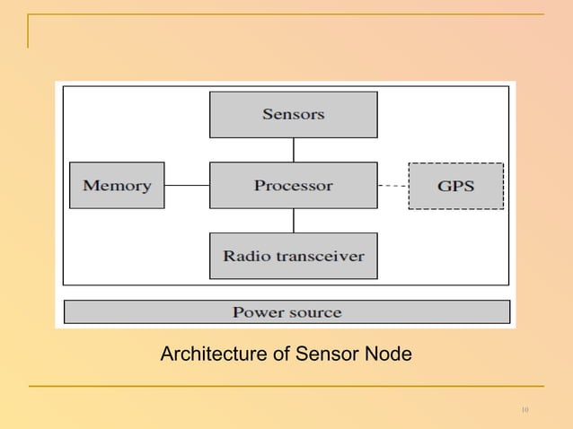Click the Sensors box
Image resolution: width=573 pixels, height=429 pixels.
[293, 114]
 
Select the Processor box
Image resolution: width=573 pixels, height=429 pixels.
[293, 186]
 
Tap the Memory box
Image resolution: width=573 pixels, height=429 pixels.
[117, 186]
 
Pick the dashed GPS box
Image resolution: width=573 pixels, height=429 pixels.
[455, 186]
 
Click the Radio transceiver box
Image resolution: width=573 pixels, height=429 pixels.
[293, 256]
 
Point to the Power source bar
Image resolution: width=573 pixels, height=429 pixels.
[286, 312]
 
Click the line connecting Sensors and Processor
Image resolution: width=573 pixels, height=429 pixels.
[293, 150]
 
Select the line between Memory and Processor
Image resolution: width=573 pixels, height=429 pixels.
[187, 186]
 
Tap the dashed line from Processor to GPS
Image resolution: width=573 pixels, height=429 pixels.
[392, 186]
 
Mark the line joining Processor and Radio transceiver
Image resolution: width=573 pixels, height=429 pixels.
[293, 221]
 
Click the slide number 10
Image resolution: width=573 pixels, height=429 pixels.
[525, 410]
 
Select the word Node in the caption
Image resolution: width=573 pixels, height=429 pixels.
[390, 355]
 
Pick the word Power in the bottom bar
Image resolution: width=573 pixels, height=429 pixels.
[257, 312]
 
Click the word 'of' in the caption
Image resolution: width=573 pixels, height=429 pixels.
[283, 355]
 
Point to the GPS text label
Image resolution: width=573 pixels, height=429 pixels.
[455, 187]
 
